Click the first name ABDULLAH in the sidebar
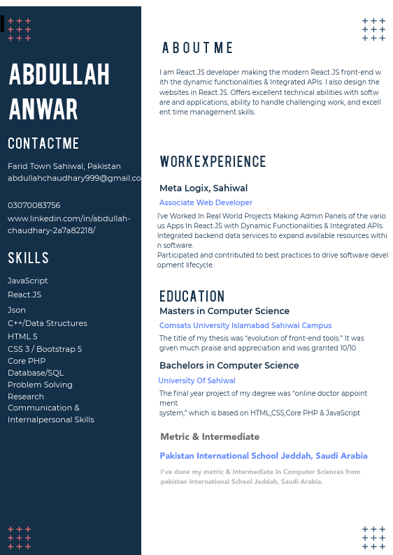click(59, 75)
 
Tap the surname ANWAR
click(43, 110)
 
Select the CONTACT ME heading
click(43, 144)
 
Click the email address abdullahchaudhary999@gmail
click(74, 178)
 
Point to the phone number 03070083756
click(34, 205)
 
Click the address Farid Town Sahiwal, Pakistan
click(64, 166)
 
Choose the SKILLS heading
click(29, 258)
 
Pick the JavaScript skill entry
click(28, 281)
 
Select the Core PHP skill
click(27, 361)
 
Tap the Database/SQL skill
click(36, 373)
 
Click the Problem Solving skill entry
click(40, 385)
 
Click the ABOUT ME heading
click(198, 48)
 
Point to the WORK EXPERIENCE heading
click(213, 162)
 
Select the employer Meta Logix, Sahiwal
click(203, 188)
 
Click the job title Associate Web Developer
click(206, 202)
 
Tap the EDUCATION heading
click(192, 296)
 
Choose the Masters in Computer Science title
click(224, 311)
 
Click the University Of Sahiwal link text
click(196, 380)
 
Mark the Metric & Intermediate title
click(210, 437)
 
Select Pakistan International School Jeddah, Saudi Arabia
click(264, 456)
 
